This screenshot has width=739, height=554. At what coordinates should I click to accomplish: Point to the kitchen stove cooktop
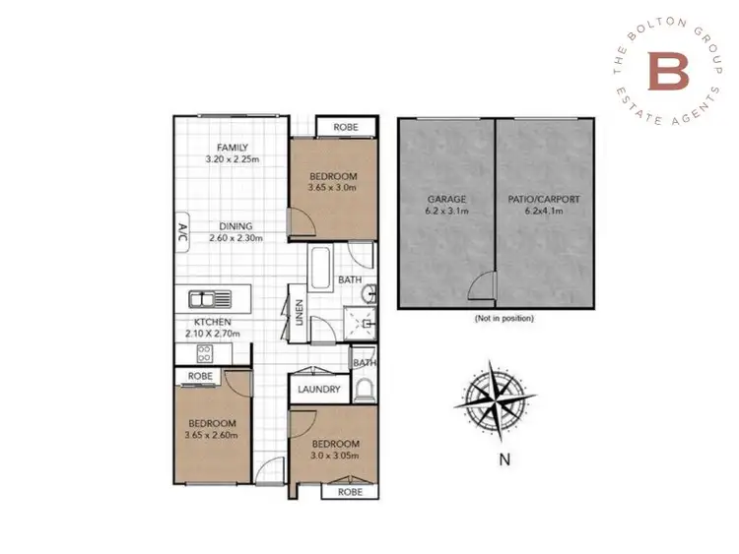pyautogui.click(x=206, y=354)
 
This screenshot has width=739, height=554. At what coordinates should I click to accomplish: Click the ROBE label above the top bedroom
pyautogui.click(x=346, y=128)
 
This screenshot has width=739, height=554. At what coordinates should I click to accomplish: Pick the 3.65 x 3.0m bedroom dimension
pyautogui.click(x=332, y=186)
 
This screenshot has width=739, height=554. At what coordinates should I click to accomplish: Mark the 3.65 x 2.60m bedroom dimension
pyautogui.click(x=212, y=434)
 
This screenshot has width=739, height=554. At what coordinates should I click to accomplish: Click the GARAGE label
pyautogui.click(x=446, y=199)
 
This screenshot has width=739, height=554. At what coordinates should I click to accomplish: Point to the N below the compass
pyautogui.click(x=504, y=459)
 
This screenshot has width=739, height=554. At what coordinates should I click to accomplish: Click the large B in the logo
pyautogui.click(x=664, y=70)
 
